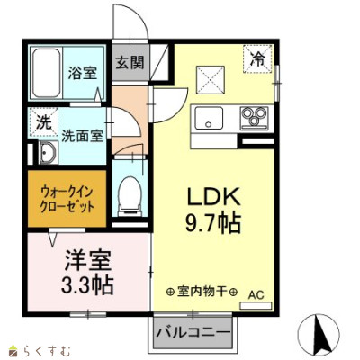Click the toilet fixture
(x=130, y=196)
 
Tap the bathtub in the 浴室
(x=47, y=73)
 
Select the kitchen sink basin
(x=209, y=118)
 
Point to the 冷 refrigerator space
(x=257, y=58)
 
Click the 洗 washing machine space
(x=43, y=122)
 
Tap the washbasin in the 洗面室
(x=48, y=153)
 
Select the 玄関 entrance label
(x=130, y=63)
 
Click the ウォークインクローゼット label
(x=67, y=199)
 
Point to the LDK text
(x=214, y=196)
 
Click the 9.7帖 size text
(x=213, y=223)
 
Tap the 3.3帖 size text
(x=87, y=284)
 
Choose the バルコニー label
(x=193, y=332)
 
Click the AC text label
(x=256, y=295)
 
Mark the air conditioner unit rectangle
(x=256, y=306)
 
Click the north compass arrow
(x=322, y=333)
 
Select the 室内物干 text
(x=202, y=291)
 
